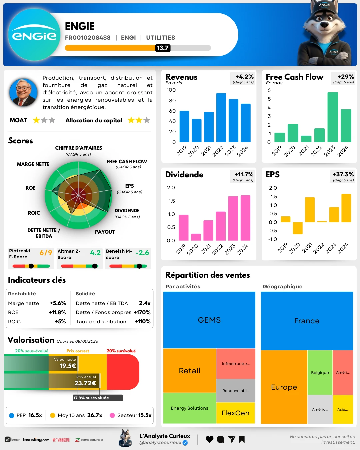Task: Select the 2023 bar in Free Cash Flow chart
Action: [x=333, y=117]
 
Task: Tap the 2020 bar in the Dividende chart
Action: [x=196, y=237]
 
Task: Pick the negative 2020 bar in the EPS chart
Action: [x=298, y=228]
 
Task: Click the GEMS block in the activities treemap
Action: [x=209, y=320]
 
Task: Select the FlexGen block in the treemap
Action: [x=235, y=413]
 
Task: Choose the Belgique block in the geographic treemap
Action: [x=320, y=373]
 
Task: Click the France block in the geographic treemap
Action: [x=307, y=321]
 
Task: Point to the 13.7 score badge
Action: [x=163, y=48]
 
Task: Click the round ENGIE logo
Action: [x=34, y=35]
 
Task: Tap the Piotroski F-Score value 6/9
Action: [x=46, y=253]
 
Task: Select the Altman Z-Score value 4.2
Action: [x=95, y=253]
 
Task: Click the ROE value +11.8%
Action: [x=57, y=312]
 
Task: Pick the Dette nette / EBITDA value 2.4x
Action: [x=145, y=303]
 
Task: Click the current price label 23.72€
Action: [x=85, y=383]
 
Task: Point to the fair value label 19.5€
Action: [x=68, y=366]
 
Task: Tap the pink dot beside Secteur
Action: [x=112, y=415]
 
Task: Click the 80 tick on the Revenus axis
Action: [x=172, y=100]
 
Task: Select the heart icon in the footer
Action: [x=209, y=439]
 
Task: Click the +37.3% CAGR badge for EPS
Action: [x=343, y=174]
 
